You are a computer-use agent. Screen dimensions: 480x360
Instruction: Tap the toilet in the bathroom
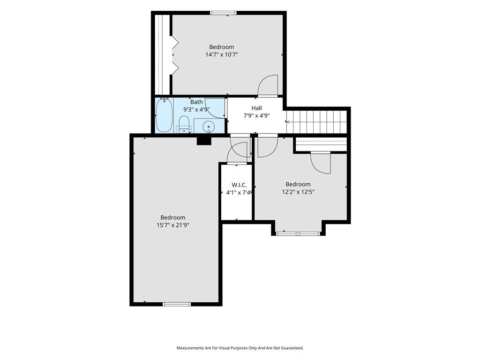pos(184,124)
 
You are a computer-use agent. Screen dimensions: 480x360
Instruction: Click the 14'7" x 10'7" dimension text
pos(222,55)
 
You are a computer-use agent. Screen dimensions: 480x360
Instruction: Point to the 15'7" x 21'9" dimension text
pos(173,225)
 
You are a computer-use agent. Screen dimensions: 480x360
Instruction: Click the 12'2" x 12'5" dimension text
pos(298,192)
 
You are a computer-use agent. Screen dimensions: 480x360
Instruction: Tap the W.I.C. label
pos(239,185)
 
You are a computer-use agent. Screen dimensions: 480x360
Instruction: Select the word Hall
pos(256,108)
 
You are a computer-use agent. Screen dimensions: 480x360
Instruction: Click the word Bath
pos(196,102)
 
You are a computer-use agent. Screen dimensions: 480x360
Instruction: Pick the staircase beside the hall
pos(316,121)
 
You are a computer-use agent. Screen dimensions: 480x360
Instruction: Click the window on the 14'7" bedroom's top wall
pos(224,13)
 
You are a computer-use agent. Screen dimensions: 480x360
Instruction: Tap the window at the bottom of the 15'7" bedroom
pos(177,304)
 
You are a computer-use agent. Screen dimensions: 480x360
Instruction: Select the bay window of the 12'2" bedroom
pos(298,233)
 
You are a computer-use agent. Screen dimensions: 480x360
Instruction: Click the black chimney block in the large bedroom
pos(204,141)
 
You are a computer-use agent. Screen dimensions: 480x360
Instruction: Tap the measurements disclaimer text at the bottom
pos(240,348)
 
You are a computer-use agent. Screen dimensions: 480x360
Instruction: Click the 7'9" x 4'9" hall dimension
pos(256,116)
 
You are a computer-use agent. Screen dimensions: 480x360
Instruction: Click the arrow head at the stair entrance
pos(287,121)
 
